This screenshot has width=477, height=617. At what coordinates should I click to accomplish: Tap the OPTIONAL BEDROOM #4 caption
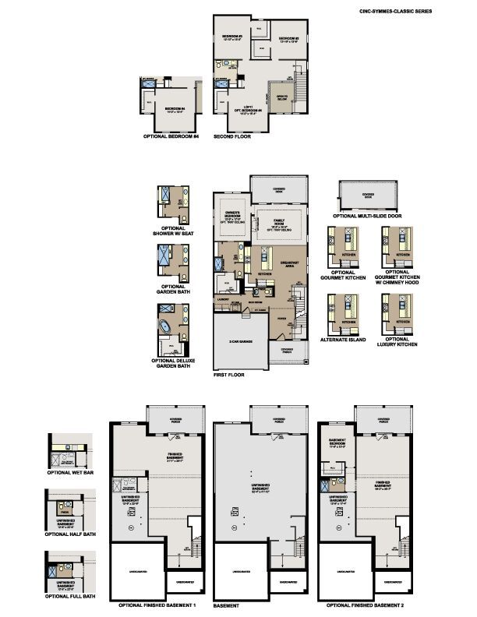[x=171, y=136]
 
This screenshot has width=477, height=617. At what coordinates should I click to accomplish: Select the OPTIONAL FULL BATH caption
[x=71, y=596]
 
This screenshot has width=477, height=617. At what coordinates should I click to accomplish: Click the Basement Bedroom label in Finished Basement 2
[x=337, y=446]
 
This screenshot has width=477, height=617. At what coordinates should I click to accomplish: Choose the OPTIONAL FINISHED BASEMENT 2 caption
[x=366, y=605]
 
